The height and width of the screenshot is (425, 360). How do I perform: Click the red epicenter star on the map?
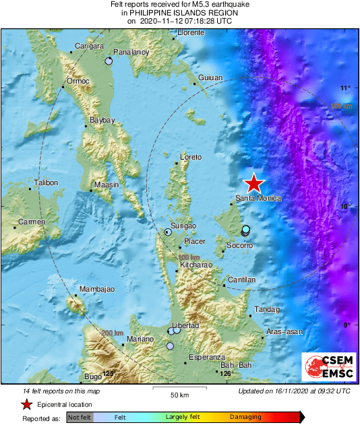point(253,183)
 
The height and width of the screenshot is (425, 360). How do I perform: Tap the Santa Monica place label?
point(258,199)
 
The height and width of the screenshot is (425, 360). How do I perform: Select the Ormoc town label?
point(76,81)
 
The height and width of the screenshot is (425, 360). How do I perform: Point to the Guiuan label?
point(210,78)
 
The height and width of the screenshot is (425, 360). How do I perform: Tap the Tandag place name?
point(266,310)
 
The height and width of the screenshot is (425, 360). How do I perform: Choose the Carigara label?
point(88,46)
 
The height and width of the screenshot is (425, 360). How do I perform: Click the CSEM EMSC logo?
point(326,367)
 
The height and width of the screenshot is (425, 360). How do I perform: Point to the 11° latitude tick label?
point(345,88)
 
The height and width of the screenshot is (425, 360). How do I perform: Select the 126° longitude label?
point(227,373)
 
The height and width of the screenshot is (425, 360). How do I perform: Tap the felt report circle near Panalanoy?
point(109,61)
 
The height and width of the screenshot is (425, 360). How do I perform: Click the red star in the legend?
point(26,404)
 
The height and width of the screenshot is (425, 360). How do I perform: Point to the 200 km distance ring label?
point(112,333)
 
